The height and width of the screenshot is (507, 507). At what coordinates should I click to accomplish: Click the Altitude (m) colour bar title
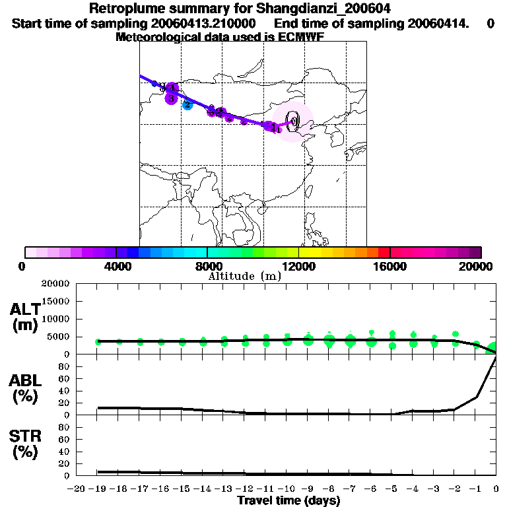coord(244,276)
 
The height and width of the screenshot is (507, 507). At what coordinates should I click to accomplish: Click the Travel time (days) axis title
coord(288,500)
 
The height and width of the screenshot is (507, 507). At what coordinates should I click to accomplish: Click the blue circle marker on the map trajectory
coord(187,104)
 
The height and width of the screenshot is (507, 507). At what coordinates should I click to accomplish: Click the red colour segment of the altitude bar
coord(384,252)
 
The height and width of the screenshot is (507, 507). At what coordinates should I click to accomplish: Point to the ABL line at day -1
coord(475,397)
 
